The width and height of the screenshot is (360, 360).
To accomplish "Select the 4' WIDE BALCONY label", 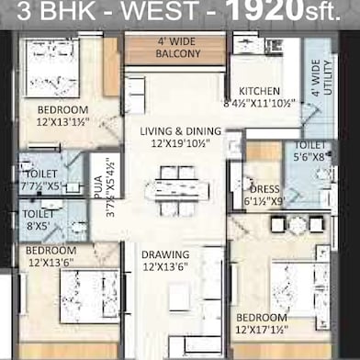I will [x=175, y=46].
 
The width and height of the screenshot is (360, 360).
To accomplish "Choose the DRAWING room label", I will [x=164, y=254].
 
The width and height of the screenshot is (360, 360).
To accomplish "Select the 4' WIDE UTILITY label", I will [x=316, y=78].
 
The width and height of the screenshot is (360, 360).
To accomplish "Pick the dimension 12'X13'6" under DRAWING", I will [x=164, y=267].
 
